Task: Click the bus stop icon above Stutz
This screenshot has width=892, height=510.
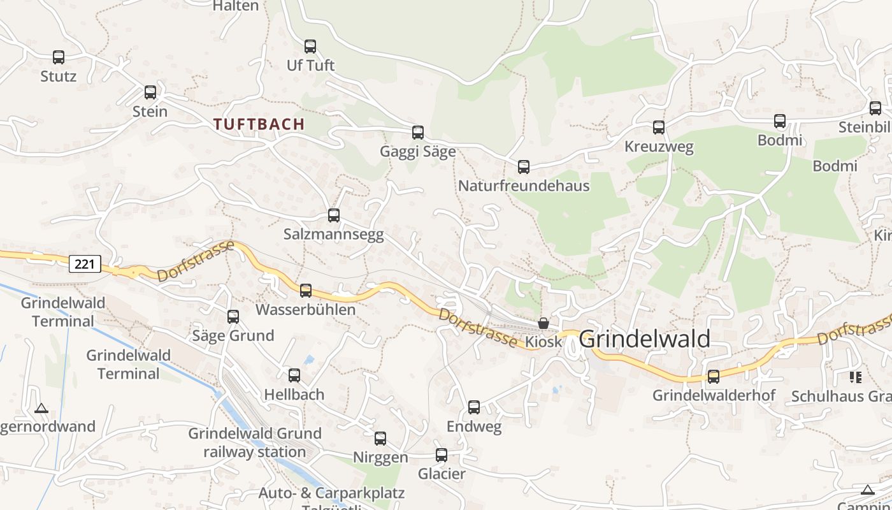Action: [x=59, y=57]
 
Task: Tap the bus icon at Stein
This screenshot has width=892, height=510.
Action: [x=150, y=92]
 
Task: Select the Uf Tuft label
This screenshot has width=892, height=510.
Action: [x=310, y=66]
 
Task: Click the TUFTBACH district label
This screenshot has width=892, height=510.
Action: [x=259, y=124]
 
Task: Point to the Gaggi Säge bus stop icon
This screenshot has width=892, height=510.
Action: [x=418, y=133]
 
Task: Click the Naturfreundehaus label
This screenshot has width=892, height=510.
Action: [x=524, y=186]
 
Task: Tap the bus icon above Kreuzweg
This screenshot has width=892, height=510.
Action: [x=659, y=127]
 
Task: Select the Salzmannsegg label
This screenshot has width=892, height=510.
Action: [x=333, y=235]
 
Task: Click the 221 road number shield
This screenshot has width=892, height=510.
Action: [x=85, y=264]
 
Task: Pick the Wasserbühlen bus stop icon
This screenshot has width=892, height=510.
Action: [x=306, y=291]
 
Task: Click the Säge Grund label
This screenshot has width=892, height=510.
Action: [x=233, y=336]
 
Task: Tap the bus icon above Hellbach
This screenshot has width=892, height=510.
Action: [x=294, y=375]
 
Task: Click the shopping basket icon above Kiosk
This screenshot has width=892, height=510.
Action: [x=543, y=323]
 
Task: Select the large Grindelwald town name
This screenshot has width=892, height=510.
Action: [x=644, y=339]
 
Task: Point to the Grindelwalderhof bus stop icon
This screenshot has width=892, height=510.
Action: [x=714, y=377]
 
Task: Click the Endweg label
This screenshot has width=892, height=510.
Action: [x=474, y=426]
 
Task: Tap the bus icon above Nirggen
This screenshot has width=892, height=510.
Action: [x=380, y=439]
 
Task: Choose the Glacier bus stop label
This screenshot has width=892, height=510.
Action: [x=442, y=474]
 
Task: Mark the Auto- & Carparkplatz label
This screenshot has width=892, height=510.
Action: [x=331, y=493]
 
